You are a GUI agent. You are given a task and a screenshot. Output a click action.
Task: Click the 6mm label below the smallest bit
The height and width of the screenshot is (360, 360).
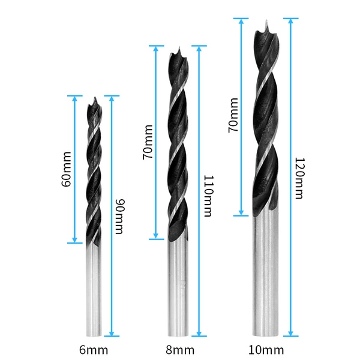tap(94, 350)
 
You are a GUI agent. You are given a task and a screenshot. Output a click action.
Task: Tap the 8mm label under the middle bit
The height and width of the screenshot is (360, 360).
tap(180, 350)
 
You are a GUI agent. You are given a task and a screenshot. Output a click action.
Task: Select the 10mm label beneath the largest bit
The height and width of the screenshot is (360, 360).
tap(266, 350)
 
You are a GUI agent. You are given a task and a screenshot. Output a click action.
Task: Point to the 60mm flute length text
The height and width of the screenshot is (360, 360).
tap(67, 169)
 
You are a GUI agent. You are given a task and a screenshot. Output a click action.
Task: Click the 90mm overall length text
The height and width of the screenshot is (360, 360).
tap(119, 217)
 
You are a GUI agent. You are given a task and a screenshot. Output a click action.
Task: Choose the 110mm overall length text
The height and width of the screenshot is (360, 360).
tap(209, 196)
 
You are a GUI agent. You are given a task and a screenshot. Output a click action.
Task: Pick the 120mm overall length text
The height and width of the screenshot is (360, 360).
tap(299, 178)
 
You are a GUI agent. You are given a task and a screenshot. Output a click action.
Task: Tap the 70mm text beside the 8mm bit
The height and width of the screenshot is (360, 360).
tap(148, 142)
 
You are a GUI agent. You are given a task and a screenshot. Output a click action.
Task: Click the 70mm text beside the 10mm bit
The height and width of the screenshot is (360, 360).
tap(233, 115)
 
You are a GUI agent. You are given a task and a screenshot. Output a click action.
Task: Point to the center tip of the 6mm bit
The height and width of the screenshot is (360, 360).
tap(95, 97)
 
